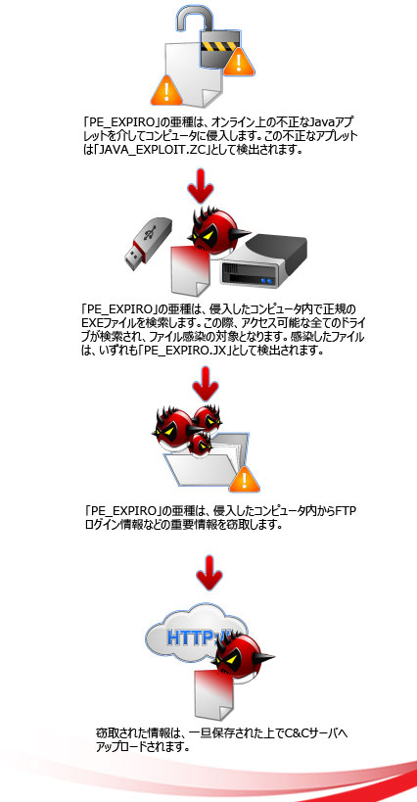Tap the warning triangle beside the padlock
tap(239, 63)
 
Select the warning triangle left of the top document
tap(166, 90)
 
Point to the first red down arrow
tap(201, 186)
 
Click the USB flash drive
tap(149, 243)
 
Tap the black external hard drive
tap(263, 259)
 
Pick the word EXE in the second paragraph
tap(90, 323)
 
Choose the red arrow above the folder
tap(206, 384)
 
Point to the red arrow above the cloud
tap(209, 573)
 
